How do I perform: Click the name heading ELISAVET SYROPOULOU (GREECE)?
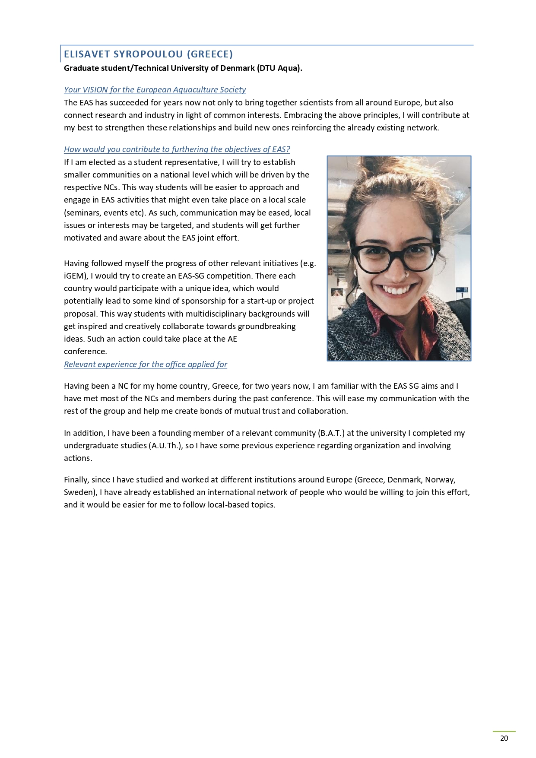click(x=148, y=54)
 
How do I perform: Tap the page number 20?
click(x=504, y=738)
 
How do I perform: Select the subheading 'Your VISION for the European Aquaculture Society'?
click(x=155, y=90)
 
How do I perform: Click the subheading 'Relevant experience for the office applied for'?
click(x=145, y=365)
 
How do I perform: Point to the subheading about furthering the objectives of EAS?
click(x=177, y=149)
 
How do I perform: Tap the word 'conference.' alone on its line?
click(x=86, y=352)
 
